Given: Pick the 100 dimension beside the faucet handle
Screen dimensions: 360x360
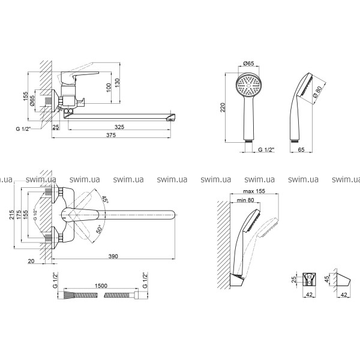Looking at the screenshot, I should pos(109,88).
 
